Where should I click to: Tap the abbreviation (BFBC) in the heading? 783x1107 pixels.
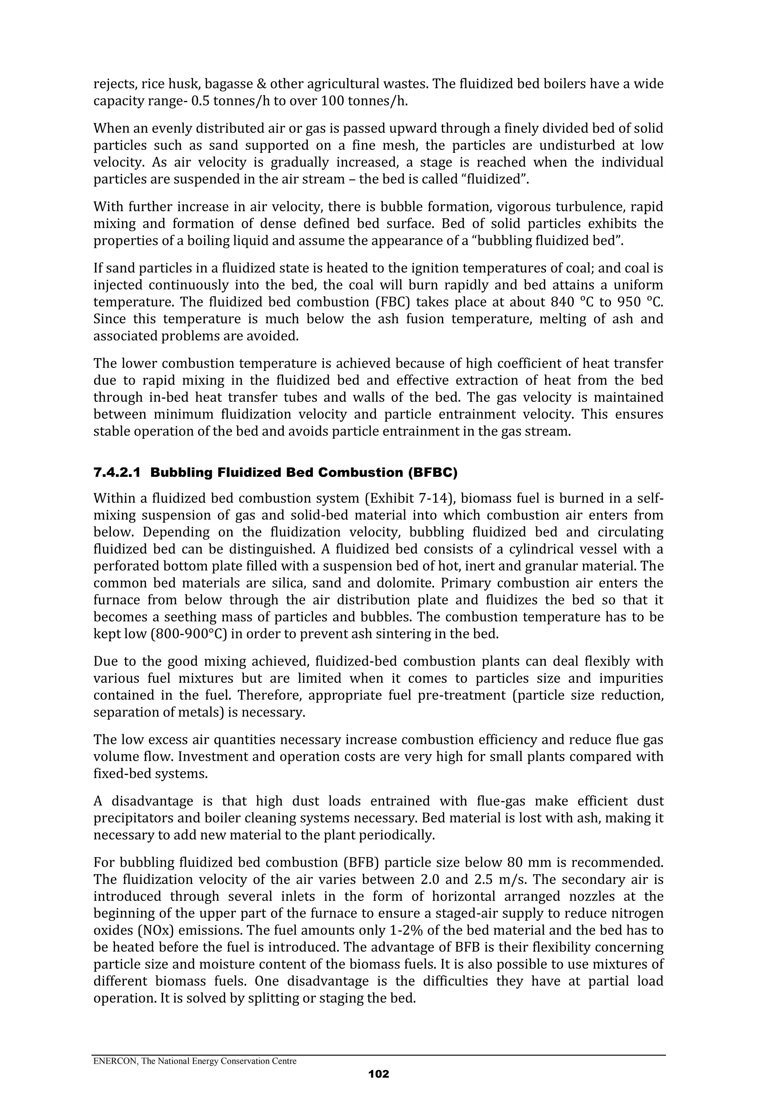tap(432, 473)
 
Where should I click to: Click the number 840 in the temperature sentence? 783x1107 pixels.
tap(562, 302)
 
